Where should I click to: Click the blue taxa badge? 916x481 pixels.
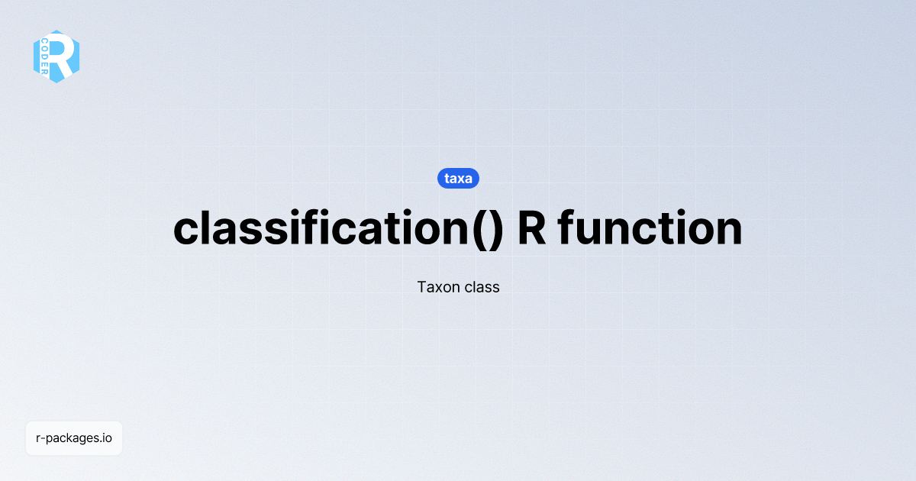pos(458,179)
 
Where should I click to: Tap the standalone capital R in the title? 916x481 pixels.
pos(532,228)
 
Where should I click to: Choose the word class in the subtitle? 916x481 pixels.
pos(482,288)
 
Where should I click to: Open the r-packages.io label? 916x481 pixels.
pos(74,438)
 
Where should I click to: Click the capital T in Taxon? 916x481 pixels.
pos(422,288)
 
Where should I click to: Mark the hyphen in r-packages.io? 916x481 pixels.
pos(44,439)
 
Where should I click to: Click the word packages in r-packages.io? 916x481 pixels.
pos(73,439)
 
